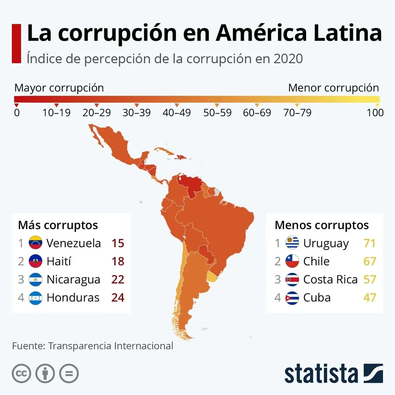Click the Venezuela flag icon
[36, 243]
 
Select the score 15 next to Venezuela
[118, 243]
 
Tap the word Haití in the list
[59, 261]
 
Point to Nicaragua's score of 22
[118, 280]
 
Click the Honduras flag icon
[36, 297]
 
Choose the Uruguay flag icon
[292, 243]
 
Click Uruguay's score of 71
[369, 243]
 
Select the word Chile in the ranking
[316, 261]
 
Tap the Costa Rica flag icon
[292, 280]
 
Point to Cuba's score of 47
[369, 297]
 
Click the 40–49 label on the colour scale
[177, 113]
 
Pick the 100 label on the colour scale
[375, 113]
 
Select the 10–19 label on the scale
[56, 113]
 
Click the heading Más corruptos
[58, 225]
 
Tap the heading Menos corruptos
[322, 225]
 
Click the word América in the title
[261, 34]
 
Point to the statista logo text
[321, 373]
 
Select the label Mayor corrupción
[59, 88]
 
